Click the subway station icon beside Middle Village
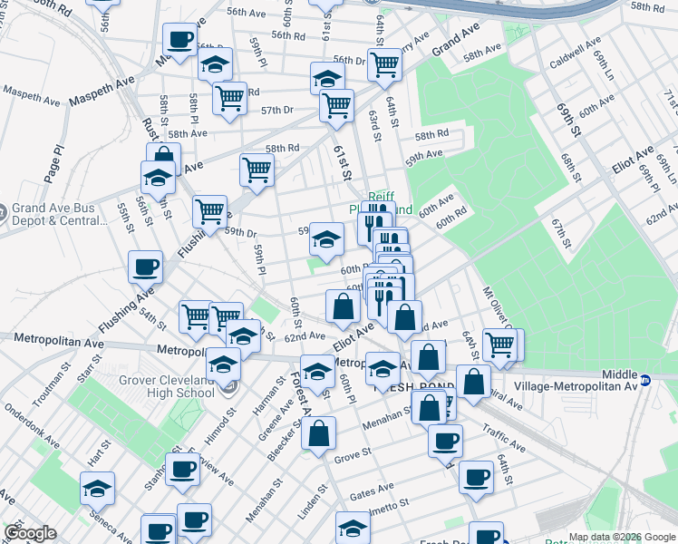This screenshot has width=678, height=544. [x=645, y=380]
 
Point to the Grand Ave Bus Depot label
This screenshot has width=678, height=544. [x=65, y=214]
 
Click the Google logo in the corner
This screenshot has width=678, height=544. [x=30, y=533]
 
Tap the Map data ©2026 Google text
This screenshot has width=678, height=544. [x=621, y=537]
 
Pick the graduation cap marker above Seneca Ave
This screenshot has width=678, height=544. [x=97, y=489]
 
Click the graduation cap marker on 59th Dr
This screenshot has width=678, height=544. [x=327, y=240]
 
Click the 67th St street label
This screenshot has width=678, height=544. [x=561, y=232]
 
